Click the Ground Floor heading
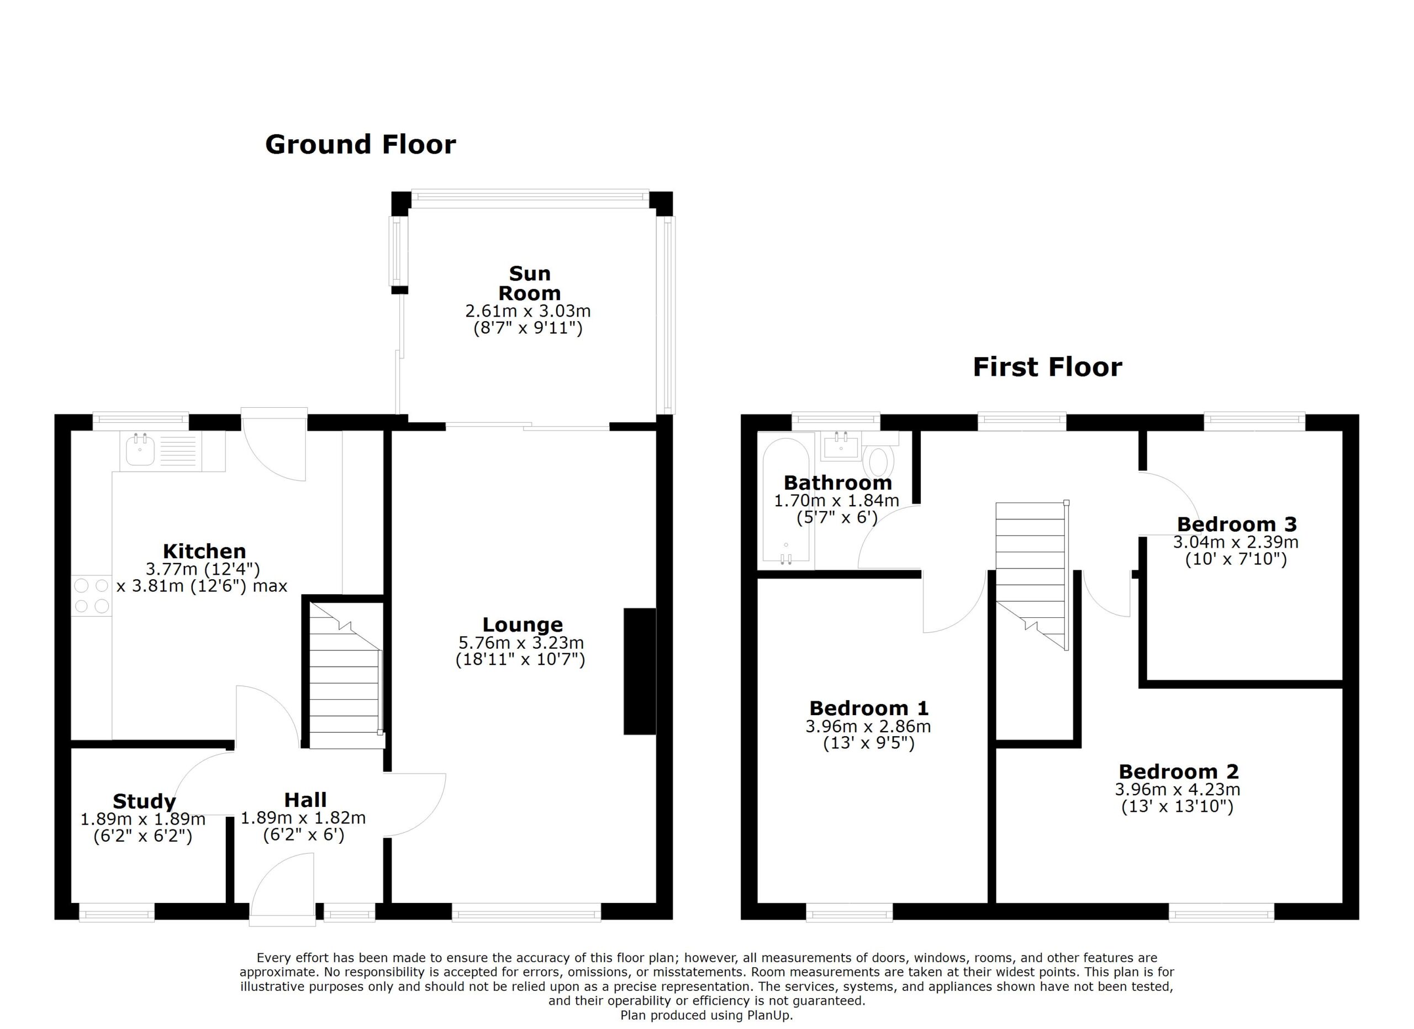(360, 145)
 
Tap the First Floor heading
(1047, 368)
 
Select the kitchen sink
(140, 450)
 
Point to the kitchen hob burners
(92, 596)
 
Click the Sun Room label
(529, 283)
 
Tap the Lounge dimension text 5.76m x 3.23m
(521, 642)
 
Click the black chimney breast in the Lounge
(640, 671)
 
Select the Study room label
(144, 801)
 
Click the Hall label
(305, 800)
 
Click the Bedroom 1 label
(869, 708)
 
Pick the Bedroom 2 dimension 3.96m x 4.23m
(1178, 790)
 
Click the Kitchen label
(204, 552)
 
